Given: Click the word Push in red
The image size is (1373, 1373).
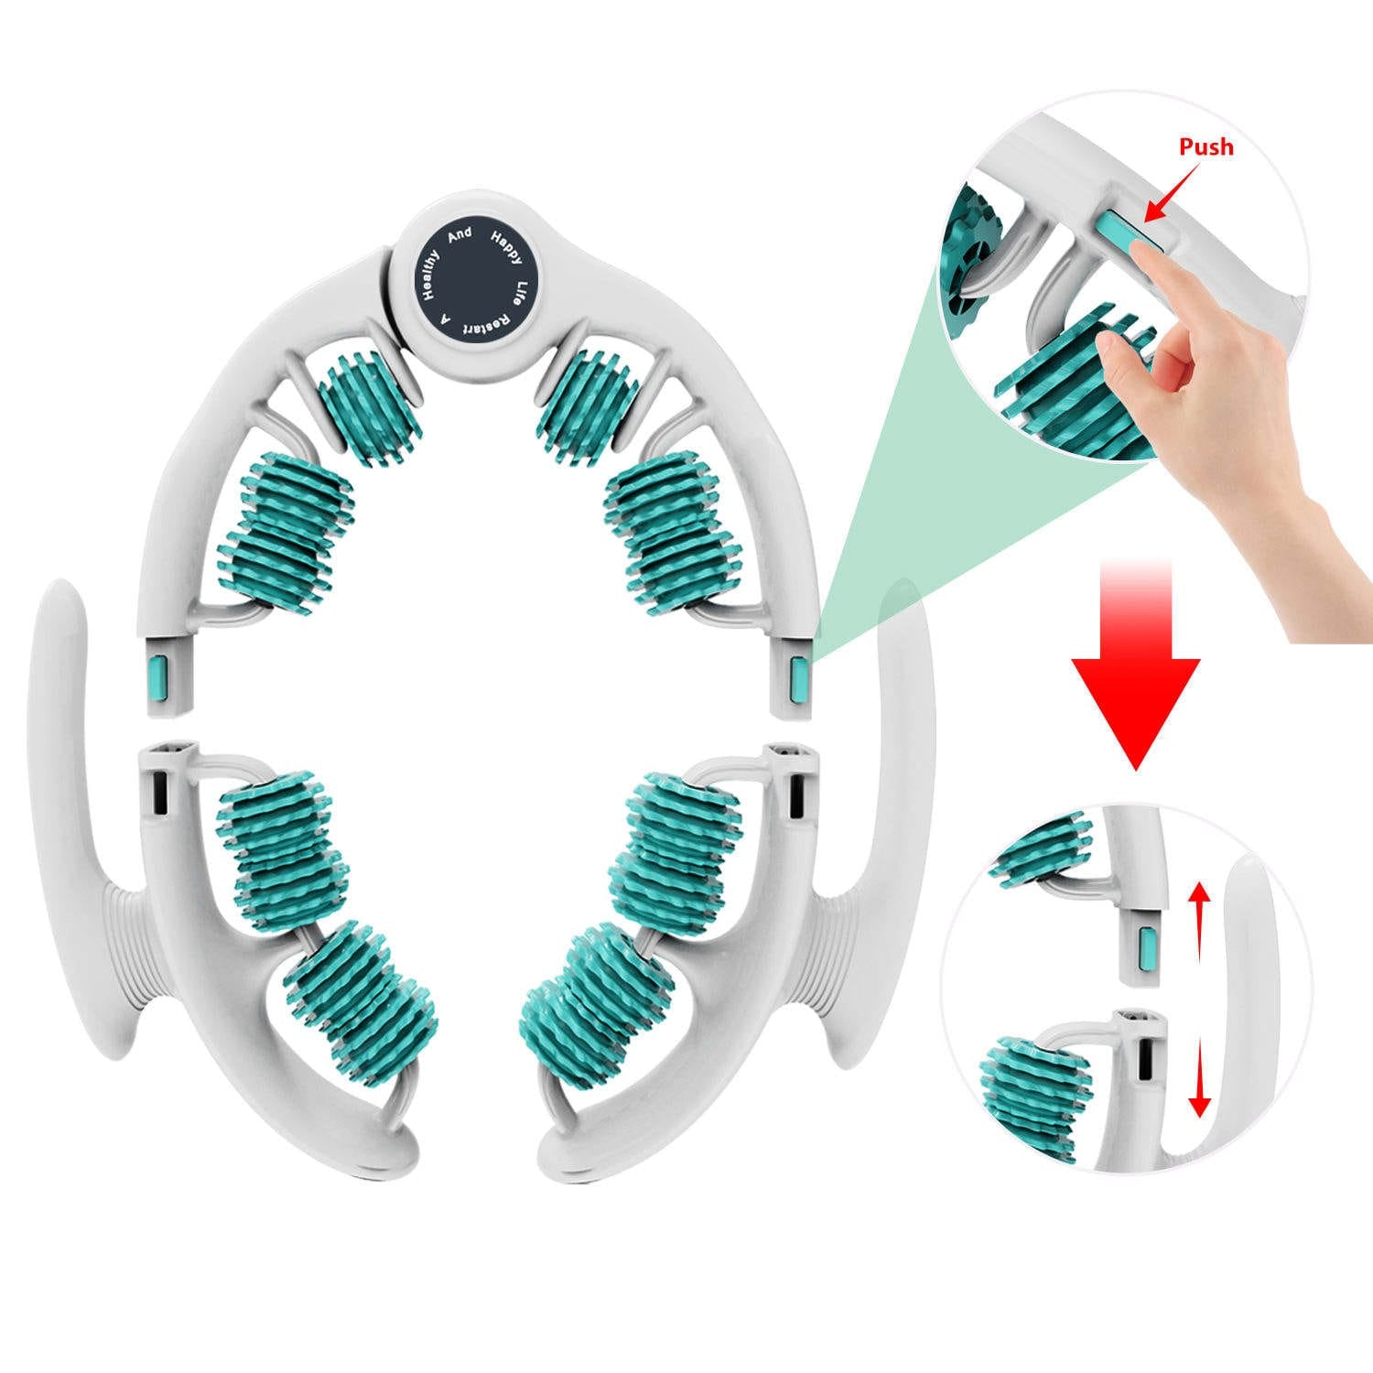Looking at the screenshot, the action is [x=1205, y=147].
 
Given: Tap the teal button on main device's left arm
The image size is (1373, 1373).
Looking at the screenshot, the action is [x=157, y=677].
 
